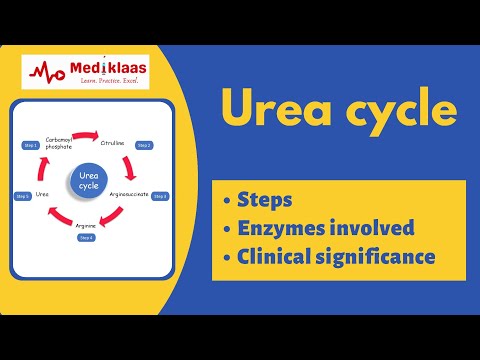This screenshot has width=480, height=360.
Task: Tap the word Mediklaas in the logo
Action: pos(108,67)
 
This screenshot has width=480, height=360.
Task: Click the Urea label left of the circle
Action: pos(41,194)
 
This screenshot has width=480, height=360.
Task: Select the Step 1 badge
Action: pos(30,145)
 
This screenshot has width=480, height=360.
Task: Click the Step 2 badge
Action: pos(145,145)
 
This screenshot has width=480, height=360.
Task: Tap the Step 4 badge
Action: pos(86,238)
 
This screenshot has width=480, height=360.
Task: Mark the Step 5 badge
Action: pos(21,196)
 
